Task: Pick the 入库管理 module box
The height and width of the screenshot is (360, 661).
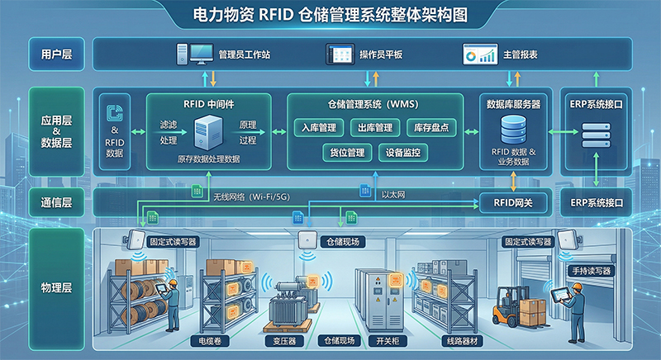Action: pos(321,128)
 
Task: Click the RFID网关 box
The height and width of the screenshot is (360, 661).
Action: pos(514,201)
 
